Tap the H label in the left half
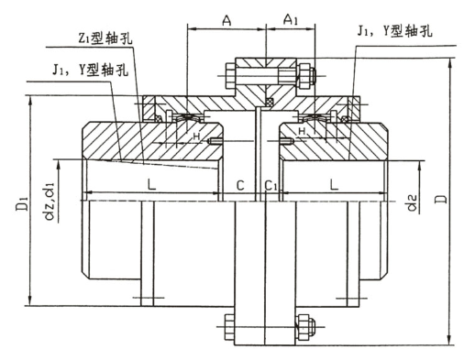[x=195, y=136]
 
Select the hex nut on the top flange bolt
[x=303, y=72]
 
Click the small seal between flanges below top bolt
[x=269, y=100]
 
